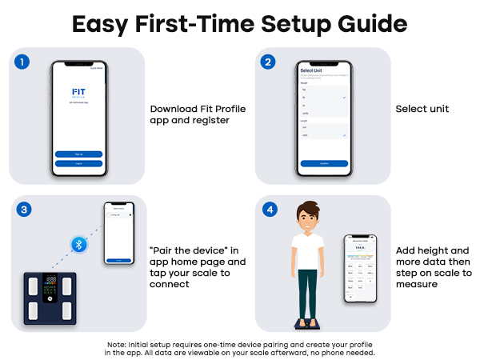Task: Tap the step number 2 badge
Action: click(270, 62)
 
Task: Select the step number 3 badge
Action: click(25, 210)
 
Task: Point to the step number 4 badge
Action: click(270, 210)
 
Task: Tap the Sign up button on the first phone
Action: click(78, 154)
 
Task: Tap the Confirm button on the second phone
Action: click(324, 163)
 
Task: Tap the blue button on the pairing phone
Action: click(118, 260)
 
